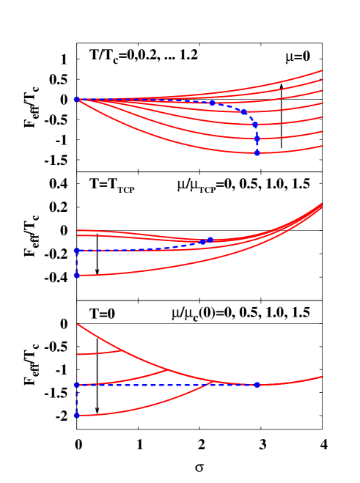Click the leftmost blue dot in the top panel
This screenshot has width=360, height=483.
pos(76,99)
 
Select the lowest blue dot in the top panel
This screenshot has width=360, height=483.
pos(257,153)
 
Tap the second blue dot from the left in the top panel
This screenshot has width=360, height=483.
pos(212,103)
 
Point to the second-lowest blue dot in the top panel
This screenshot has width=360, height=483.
pos(257,138)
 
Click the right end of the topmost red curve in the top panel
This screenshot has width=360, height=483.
pos(323,71)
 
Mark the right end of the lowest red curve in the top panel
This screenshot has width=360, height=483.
pos(323,145)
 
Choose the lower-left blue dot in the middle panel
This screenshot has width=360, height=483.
pos(76,276)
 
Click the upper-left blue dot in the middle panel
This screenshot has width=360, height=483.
pos(76,251)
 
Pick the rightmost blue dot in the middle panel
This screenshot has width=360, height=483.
pos(210,240)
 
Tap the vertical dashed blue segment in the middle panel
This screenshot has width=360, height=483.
pos(76,263)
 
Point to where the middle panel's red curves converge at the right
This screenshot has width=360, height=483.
pos(322,204)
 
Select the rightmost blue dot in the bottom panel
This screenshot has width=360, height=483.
pos(257,385)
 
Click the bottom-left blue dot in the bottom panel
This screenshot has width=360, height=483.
pos(76,416)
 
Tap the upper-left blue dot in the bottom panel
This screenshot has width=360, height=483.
pos(76,385)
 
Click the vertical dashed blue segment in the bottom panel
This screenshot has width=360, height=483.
pos(76,400)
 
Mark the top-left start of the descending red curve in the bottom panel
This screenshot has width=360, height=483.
pos(76,324)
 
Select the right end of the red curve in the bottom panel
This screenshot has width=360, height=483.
pos(323,377)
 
